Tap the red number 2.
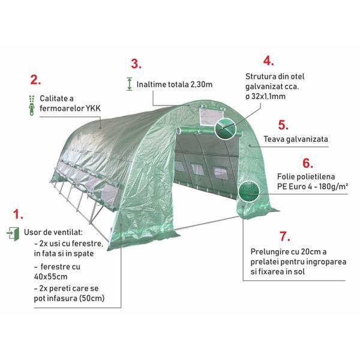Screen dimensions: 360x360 (35, 80)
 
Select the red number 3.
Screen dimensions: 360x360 (136, 64)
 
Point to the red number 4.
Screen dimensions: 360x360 (268, 61)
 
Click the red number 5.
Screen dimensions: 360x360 (283, 125)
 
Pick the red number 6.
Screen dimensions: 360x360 (307, 163)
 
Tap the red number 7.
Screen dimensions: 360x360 (284, 236)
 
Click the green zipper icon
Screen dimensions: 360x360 (32, 106)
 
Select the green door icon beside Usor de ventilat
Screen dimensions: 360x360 (13, 234)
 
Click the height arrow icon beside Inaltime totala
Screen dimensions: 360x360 (130, 84)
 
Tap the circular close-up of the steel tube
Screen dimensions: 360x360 (226, 128)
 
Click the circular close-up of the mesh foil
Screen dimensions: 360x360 (248, 191)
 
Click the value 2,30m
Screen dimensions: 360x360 (202, 85)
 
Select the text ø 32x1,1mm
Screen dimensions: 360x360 (265, 97)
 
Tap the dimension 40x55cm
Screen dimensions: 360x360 (51, 277)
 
